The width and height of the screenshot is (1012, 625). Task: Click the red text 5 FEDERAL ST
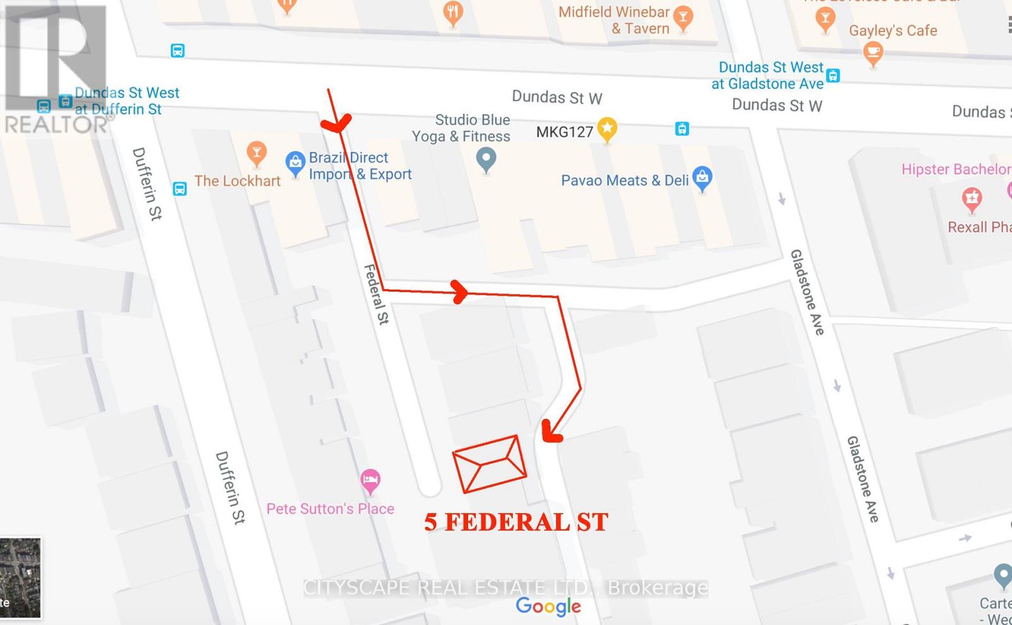tap(515, 523)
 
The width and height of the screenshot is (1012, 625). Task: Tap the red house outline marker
tap(490, 464)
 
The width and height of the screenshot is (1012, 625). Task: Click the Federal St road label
tap(376, 294)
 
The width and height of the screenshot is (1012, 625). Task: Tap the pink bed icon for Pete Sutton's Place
tap(371, 482)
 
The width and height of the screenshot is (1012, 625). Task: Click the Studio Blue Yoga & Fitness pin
tap(486, 159)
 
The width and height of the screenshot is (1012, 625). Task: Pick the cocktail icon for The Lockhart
tap(256, 152)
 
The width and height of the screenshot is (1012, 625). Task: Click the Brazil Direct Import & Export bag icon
tap(295, 163)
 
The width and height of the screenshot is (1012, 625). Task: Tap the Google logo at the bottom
tap(548, 606)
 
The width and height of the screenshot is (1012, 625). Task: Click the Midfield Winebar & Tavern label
tap(614, 20)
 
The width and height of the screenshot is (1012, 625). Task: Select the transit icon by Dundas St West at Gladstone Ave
tap(833, 75)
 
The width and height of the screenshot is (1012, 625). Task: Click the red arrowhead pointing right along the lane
tap(460, 292)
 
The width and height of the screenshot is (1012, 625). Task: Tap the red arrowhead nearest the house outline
tap(552, 431)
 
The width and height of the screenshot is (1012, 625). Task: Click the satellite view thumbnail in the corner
tap(20, 578)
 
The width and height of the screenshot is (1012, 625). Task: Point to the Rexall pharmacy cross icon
tap(972, 199)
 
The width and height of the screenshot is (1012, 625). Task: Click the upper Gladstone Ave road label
tap(807, 292)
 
